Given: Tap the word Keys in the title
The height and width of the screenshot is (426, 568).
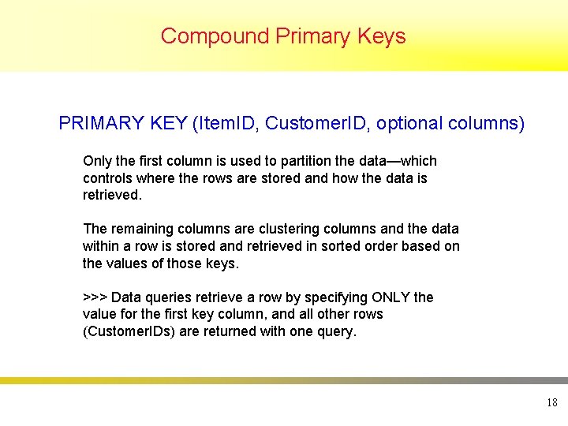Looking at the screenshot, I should (380, 36).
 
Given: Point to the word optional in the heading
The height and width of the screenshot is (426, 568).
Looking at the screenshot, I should (409, 124).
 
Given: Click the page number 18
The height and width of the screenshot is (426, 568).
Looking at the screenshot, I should (551, 403).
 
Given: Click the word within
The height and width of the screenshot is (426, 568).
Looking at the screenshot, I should (100, 246).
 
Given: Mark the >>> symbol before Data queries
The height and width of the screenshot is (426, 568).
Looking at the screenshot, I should (95, 297).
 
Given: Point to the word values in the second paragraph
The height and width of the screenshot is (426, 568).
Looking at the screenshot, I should (126, 263).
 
